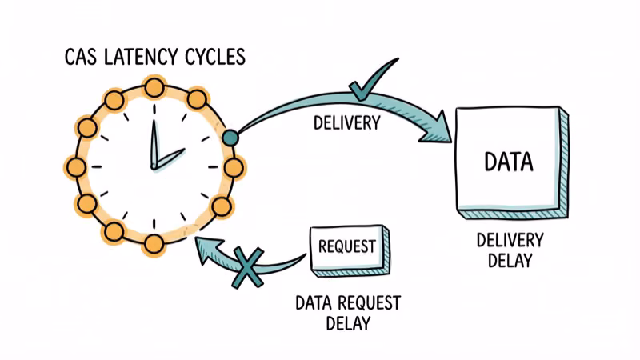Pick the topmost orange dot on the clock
(x=154, y=86)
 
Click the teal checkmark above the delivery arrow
(x=369, y=80)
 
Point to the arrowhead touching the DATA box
(x=435, y=131)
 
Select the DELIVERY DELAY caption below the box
(x=510, y=250)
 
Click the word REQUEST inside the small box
(x=346, y=246)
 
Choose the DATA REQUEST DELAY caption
(x=347, y=313)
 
